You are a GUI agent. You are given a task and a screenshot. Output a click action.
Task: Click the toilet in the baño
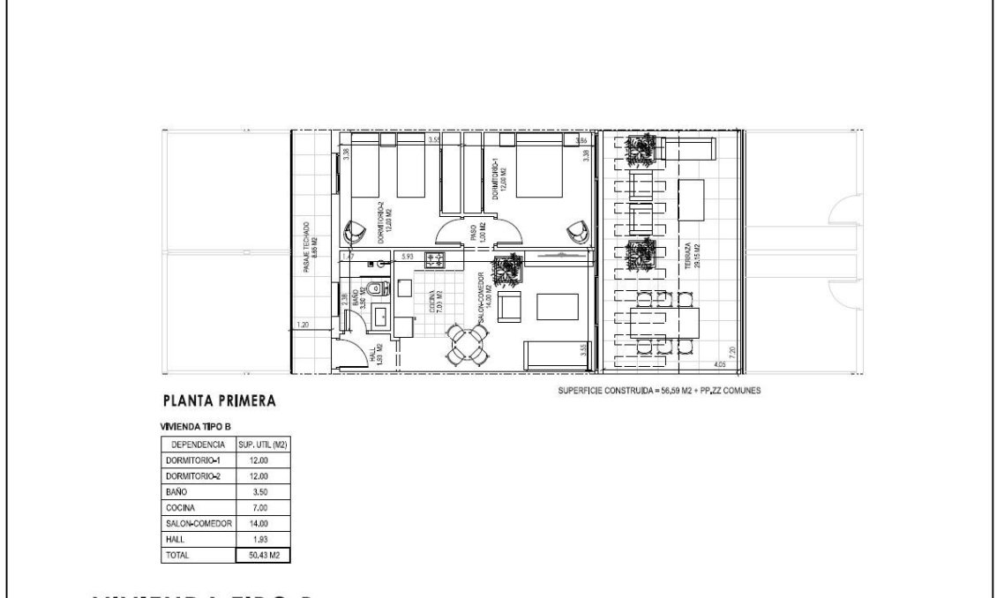click(x=373, y=287)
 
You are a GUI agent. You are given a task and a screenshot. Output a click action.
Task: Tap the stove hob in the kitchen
click(x=435, y=259)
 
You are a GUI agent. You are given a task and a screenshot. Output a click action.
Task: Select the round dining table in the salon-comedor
click(x=466, y=344)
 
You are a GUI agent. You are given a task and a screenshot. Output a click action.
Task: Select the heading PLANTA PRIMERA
click(x=220, y=401)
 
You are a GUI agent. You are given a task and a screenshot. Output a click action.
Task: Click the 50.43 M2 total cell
click(x=265, y=556)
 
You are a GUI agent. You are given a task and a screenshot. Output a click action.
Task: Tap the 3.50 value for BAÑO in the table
click(x=264, y=492)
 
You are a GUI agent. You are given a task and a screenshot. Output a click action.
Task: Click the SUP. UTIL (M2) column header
click(x=265, y=445)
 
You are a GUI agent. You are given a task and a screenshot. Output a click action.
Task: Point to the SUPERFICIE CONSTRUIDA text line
click(x=653, y=390)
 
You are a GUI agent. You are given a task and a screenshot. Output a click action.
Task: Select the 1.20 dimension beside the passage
click(x=303, y=325)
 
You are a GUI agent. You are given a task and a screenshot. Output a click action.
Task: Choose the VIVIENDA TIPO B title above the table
click(x=195, y=427)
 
